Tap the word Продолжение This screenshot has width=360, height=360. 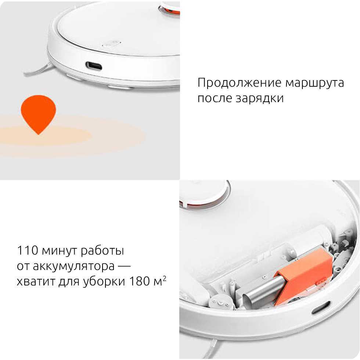tap(239, 83)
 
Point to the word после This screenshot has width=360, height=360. tap(215, 98)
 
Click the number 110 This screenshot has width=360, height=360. tap(28, 250)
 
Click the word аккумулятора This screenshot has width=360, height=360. tap(74, 266)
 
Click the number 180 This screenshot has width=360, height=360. tap(140, 281)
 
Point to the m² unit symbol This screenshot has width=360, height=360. tap(160, 281)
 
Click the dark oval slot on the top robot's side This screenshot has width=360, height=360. tap(94, 66)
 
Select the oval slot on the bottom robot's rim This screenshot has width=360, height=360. tap(321, 308)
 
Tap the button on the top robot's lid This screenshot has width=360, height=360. tap(112, 44)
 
